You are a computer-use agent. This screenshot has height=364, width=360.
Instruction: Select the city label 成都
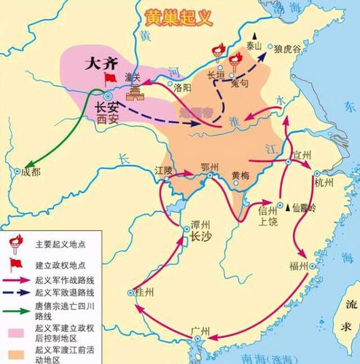tap(29, 172)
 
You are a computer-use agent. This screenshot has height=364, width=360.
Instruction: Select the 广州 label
tap(197, 331)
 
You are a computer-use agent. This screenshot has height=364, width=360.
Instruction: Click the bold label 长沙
tap(199, 237)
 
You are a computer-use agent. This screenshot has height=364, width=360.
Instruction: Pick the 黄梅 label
tap(240, 175)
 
